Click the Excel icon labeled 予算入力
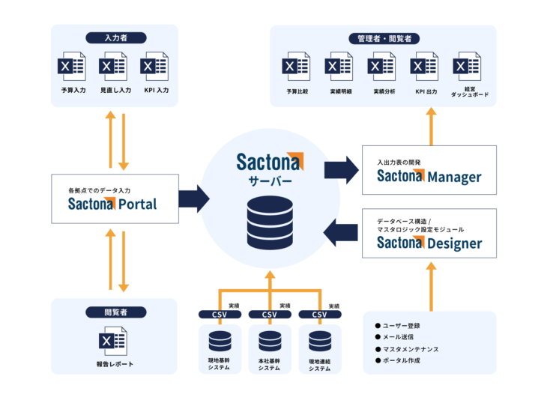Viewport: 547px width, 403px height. coord(73,67)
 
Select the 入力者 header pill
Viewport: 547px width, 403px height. coord(115,37)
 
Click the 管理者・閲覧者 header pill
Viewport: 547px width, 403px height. coord(383,38)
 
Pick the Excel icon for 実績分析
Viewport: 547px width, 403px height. coord(382,67)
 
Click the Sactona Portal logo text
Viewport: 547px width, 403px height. coord(112,203)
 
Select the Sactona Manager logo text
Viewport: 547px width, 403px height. coord(429,177)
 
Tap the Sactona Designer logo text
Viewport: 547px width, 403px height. coord(429,243)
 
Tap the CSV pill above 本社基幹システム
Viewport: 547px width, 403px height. coord(269,315)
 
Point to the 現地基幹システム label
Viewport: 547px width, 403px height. coord(219,365)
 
